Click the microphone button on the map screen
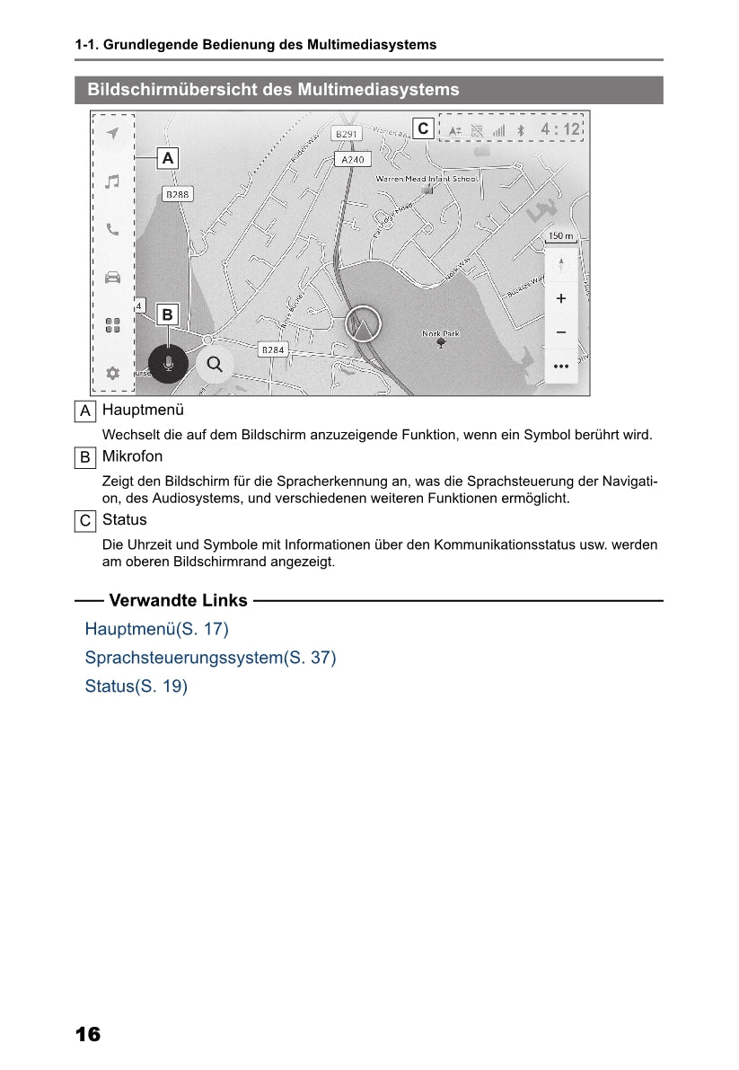pos(168,364)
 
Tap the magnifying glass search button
pos(215,364)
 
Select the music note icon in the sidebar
pos(112,181)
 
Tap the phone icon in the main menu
pos(112,229)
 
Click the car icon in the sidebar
pos(112,277)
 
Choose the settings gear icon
pos(112,373)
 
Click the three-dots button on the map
pos(561,366)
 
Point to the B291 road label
pos(346,134)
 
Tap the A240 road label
pos(353,159)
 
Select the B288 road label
pos(178,193)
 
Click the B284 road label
pos(273,349)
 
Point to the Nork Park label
pos(440,334)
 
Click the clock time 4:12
pos(560,129)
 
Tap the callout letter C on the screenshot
pos(423,129)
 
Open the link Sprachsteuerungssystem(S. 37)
pos(210,658)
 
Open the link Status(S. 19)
pos(136,687)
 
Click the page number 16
pos(88,1034)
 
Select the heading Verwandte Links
pos(178,601)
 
